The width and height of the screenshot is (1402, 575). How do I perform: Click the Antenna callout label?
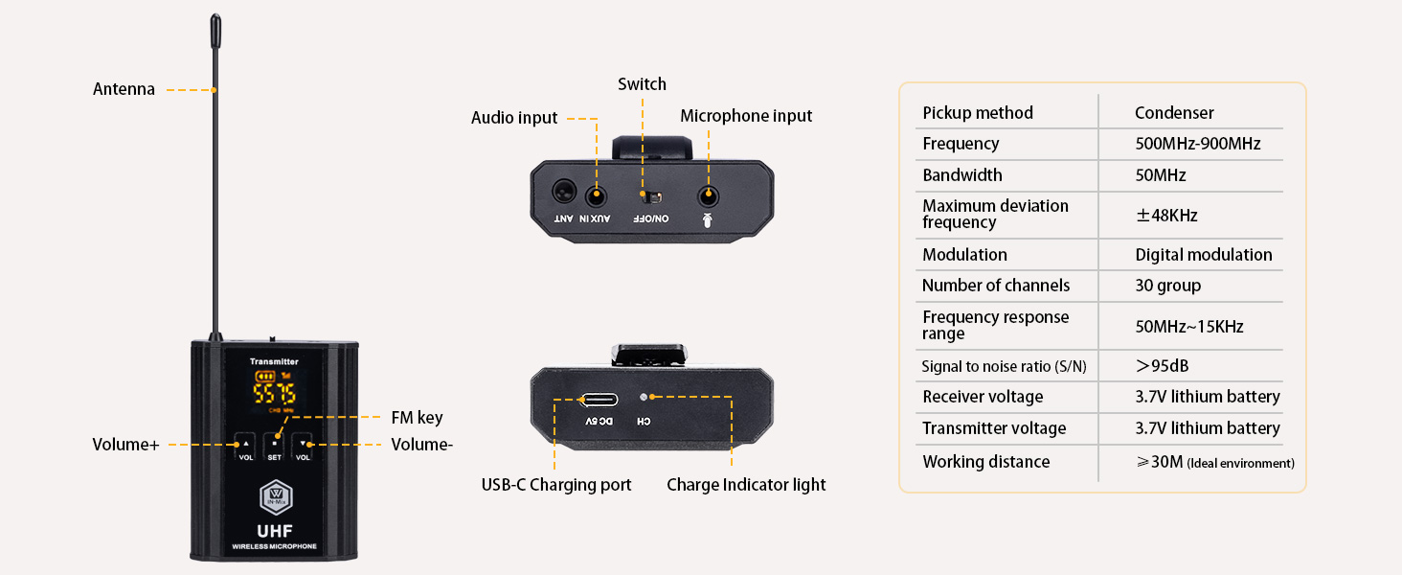(124, 90)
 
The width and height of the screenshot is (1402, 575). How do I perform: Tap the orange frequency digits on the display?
(274, 393)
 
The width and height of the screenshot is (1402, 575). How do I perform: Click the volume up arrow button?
(244, 443)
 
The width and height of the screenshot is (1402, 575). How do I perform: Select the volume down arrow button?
(304, 443)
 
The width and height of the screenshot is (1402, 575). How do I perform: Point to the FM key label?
(417, 418)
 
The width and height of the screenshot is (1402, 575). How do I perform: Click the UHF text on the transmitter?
(274, 530)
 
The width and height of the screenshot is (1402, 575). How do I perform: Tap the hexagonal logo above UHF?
(274, 498)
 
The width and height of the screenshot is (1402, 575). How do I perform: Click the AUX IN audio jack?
(597, 195)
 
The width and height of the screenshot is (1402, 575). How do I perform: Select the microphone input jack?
(708, 195)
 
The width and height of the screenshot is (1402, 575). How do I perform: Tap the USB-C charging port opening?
(597, 399)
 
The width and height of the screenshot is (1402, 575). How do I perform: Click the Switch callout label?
(642, 84)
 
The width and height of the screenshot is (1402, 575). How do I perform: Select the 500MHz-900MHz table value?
(1197, 144)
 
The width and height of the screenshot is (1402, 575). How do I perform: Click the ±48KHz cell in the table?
(1166, 216)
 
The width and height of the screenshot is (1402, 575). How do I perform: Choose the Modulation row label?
(964, 255)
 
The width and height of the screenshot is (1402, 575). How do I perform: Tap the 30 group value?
(1167, 286)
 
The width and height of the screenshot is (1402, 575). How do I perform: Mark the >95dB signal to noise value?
(1163, 366)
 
